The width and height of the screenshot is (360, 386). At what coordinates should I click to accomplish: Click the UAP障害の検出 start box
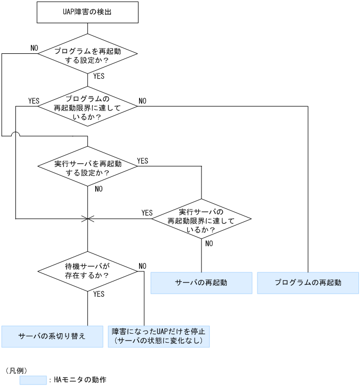tap(87, 12)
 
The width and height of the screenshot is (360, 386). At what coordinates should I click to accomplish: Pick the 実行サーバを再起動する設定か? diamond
tap(88, 167)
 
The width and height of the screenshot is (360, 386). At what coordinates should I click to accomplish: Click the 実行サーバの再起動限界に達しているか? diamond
tap(201, 218)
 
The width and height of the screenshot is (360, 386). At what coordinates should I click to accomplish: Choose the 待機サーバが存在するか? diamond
tap(88, 271)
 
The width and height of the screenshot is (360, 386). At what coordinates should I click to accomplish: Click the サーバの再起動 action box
tap(201, 283)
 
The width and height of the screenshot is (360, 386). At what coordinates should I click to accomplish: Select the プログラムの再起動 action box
tap(308, 283)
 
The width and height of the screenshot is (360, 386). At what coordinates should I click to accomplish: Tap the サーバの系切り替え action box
tap(52, 336)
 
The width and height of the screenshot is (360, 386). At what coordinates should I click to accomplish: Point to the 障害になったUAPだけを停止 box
tap(159, 336)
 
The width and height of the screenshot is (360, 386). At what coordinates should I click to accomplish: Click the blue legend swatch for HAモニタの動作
tap(33, 380)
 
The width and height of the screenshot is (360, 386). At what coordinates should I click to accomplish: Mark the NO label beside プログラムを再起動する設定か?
tap(34, 48)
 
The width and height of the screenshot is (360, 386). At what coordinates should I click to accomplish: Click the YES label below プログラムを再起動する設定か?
tap(98, 76)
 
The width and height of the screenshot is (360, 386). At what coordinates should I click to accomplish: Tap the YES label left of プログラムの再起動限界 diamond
tap(34, 101)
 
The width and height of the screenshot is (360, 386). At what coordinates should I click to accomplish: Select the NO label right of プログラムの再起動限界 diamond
tap(143, 101)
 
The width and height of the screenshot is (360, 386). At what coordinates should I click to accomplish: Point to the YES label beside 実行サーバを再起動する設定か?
tap(143, 161)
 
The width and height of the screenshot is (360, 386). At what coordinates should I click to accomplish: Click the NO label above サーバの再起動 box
tap(209, 243)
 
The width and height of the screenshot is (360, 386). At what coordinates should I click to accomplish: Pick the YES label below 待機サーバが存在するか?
tap(98, 294)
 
